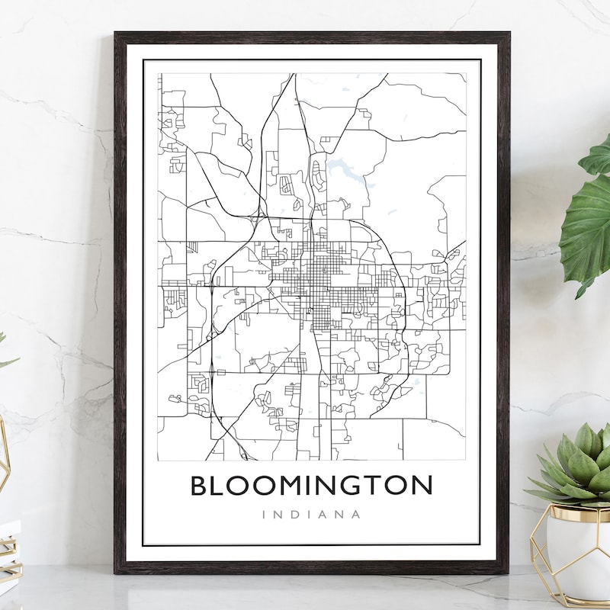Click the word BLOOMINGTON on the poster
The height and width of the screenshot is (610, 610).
[311, 486]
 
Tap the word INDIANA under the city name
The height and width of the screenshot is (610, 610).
[311, 514]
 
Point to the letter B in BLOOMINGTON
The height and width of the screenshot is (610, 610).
[200, 486]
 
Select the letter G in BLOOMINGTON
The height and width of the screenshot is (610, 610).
[346, 486]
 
